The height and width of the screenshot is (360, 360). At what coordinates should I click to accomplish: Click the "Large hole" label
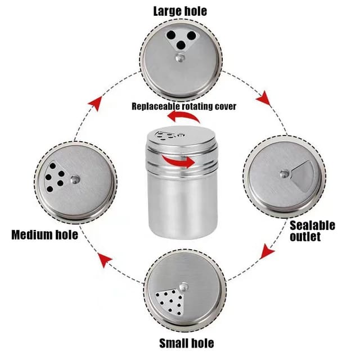click(179, 11)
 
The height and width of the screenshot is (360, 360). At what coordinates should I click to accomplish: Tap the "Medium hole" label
click(45, 234)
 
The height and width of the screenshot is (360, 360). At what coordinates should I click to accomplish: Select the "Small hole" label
click(186, 342)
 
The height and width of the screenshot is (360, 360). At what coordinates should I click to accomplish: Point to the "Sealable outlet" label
click(313, 231)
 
